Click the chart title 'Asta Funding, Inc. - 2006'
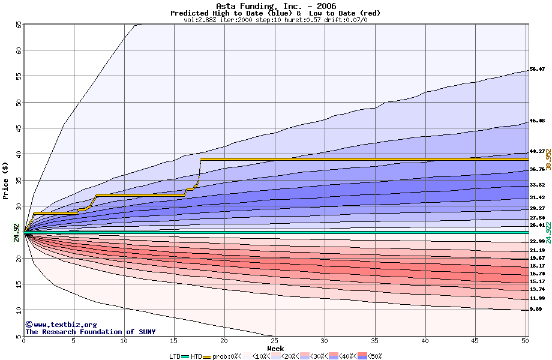pyautogui.click(x=275, y=6)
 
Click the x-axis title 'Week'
pyautogui.click(x=275, y=348)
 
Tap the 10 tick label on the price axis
pyautogui.click(x=19, y=310)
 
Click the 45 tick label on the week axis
pyautogui.click(x=475, y=341)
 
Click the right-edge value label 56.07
pyautogui.click(x=537, y=70)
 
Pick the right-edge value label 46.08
pyautogui.click(x=537, y=121)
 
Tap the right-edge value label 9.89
pyautogui.click(x=536, y=310)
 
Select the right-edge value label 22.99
pyautogui.click(x=537, y=241)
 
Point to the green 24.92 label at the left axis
pyautogui.click(x=16, y=232)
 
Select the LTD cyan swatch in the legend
pyautogui.click(x=185, y=356)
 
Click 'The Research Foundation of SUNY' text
pyautogui.click(x=90, y=332)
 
